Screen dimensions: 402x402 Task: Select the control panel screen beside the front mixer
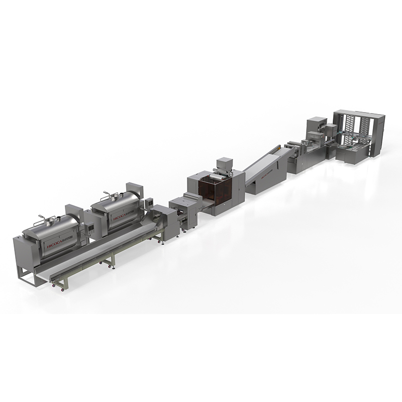90,228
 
